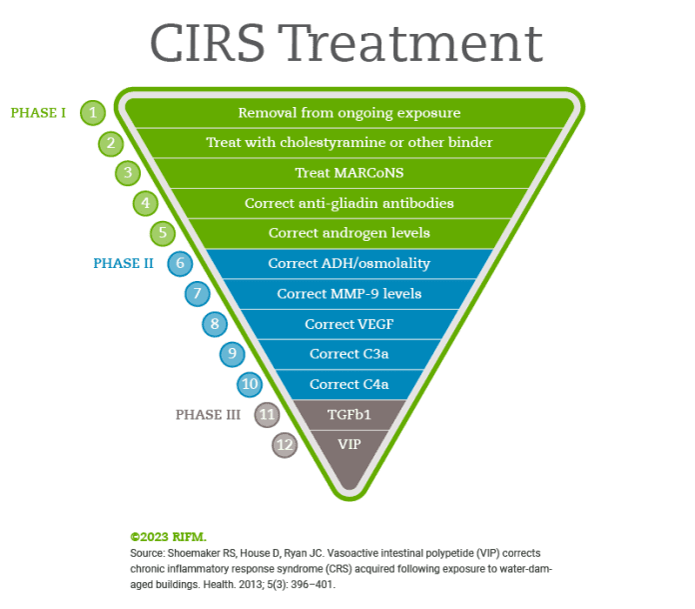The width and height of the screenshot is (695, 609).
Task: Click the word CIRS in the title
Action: pyautogui.click(x=206, y=44)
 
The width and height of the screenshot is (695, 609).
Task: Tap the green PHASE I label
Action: pyautogui.click(x=38, y=113)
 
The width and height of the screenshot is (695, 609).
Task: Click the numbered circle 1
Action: pyautogui.click(x=93, y=113)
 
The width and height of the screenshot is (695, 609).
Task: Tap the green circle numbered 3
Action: pyautogui.click(x=128, y=173)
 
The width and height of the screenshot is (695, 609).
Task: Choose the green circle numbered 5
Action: pyautogui.click(x=163, y=233)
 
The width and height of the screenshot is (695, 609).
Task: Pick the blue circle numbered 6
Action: pyautogui.click(x=180, y=264)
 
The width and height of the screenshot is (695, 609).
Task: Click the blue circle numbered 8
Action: pyautogui.click(x=215, y=324)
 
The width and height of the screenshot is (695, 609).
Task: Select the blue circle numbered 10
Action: pyautogui.click(x=250, y=384)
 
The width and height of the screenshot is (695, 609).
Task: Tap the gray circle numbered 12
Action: pyautogui.click(x=286, y=445)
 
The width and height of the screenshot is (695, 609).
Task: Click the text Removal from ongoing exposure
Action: pyautogui.click(x=348, y=113)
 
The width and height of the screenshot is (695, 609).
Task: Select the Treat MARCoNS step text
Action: pyautogui.click(x=348, y=173)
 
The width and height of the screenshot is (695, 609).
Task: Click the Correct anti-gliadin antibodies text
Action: pyautogui.click(x=348, y=203)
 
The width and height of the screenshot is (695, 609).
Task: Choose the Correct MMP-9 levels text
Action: pyautogui.click(x=348, y=294)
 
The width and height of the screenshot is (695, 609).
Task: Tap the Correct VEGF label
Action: pyautogui.click(x=348, y=324)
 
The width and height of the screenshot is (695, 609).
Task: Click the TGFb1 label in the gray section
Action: pyautogui.click(x=348, y=414)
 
